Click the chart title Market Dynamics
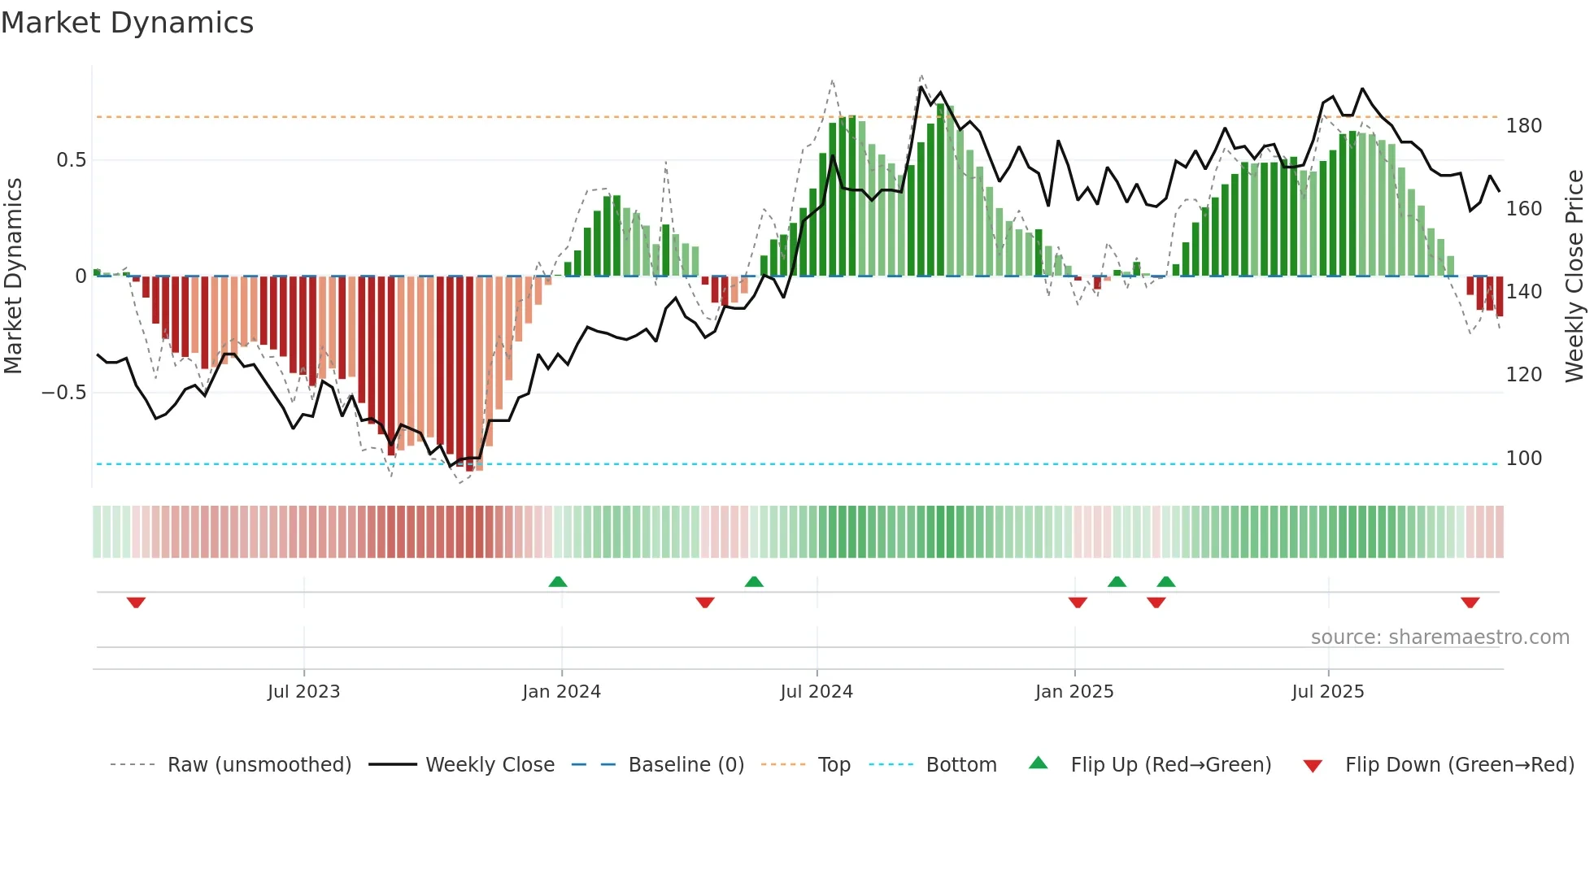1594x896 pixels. click(127, 23)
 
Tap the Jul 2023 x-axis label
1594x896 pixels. click(303, 692)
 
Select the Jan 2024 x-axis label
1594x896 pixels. click(561, 692)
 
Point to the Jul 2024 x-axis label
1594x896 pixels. click(817, 692)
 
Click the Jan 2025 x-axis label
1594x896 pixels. click(1074, 692)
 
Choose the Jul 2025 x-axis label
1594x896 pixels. click(1328, 692)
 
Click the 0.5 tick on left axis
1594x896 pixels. click(71, 160)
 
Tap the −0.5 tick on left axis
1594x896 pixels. click(64, 393)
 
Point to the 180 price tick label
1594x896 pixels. click(1524, 126)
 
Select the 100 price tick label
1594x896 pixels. click(1524, 459)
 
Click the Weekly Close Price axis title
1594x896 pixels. click(1574, 276)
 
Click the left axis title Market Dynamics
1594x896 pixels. click(13, 276)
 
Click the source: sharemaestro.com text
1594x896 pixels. click(1439, 637)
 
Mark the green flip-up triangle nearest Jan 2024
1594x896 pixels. click(558, 582)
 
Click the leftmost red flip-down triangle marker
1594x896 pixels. click(136, 602)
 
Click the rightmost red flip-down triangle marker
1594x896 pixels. click(1470, 602)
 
